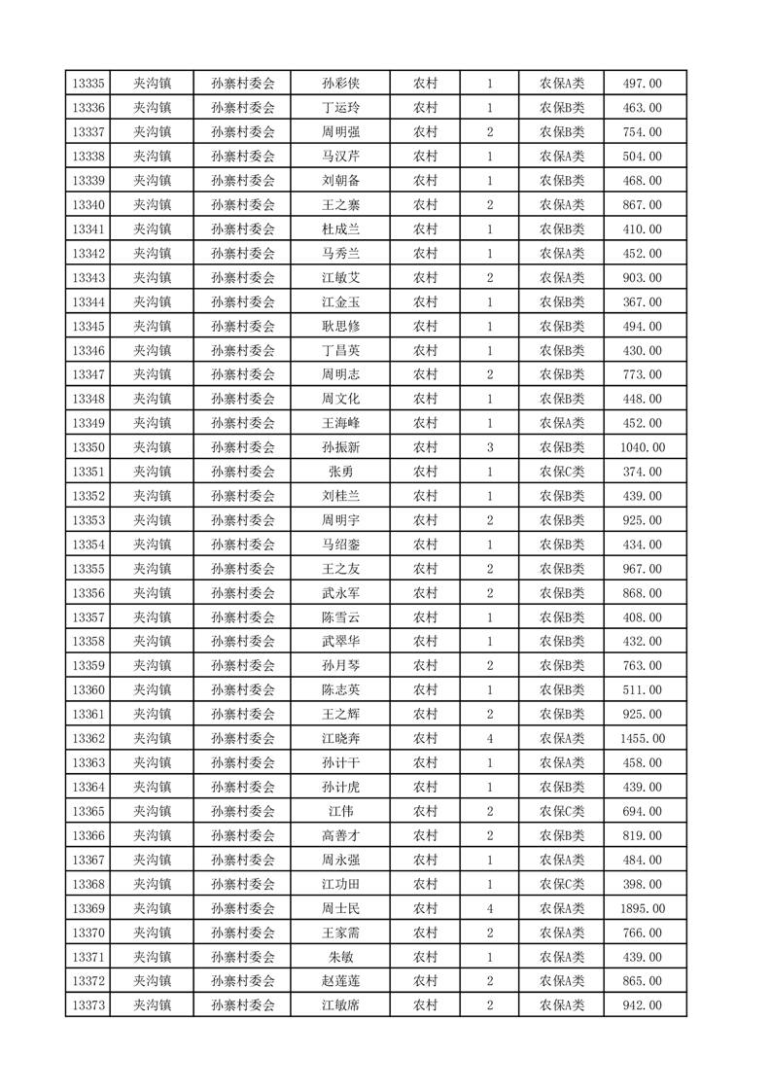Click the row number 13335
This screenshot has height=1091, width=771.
[x=88, y=84]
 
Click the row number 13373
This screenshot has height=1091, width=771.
[x=88, y=1005]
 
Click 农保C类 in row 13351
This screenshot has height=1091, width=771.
[x=562, y=472]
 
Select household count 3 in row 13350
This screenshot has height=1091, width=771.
[x=489, y=447]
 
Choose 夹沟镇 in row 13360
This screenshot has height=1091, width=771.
[x=152, y=690]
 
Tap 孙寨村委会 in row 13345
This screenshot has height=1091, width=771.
[x=243, y=326]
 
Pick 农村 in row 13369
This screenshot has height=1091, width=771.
[x=425, y=908]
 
